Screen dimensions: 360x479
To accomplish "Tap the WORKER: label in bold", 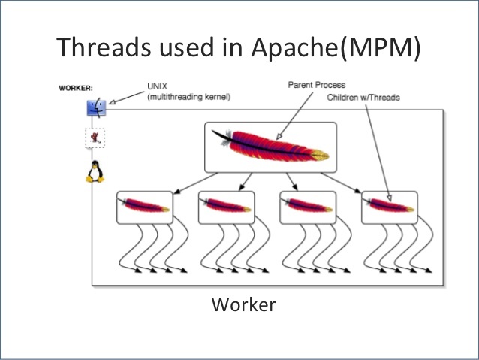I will point(76,89).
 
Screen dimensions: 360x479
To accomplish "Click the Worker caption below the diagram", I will point(243,304).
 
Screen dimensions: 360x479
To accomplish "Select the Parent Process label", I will point(317,86).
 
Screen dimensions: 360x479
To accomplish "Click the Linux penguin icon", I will point(94,172).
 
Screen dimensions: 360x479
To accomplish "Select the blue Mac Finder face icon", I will point(96,107).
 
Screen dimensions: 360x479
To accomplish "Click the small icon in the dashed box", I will point(94,138).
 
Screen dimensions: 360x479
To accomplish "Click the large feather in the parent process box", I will point(270,147).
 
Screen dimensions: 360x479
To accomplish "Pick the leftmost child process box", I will point(144,206).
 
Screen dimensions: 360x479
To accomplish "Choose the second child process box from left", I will point(226,206).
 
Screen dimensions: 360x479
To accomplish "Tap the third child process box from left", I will point(307,206).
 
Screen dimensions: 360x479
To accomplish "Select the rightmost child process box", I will point(389,206).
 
